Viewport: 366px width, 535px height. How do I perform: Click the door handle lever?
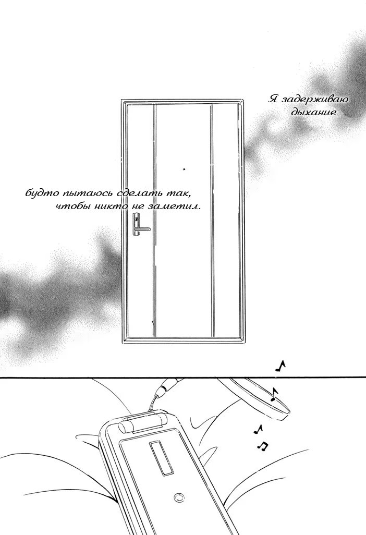click(x=143, y=229)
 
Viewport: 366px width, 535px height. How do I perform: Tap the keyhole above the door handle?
click(x=137, y=218)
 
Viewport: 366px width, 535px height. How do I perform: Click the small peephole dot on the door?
click(x=185, y=168)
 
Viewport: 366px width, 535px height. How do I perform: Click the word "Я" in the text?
click(x=273, y=99)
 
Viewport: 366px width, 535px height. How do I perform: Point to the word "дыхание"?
click(x=313, y=112)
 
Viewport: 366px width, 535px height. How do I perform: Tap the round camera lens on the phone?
click(x=179, y=497)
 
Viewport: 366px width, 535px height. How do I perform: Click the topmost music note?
click(x=280, y=366)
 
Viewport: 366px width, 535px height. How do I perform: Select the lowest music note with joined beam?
click(x=262, y=446)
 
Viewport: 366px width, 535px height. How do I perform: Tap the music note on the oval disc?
click(x=274, y=394)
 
